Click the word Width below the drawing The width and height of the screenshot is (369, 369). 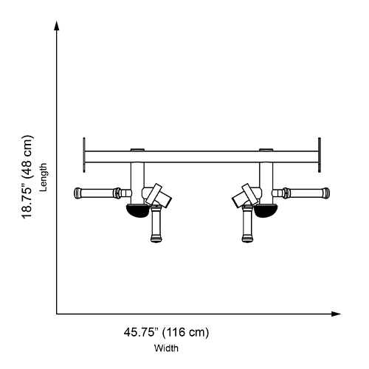pos(166,348)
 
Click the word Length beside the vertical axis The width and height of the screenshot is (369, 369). pos(44,177)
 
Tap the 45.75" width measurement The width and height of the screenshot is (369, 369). pos(140,332)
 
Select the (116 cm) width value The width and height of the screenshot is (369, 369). pos(185,332)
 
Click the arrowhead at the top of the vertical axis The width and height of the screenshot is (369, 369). pos(57,26)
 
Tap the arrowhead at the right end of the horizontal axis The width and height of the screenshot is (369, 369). pos(336,314)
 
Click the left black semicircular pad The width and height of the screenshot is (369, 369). pos(138,210)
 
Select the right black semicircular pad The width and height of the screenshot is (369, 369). pos(266,210)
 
